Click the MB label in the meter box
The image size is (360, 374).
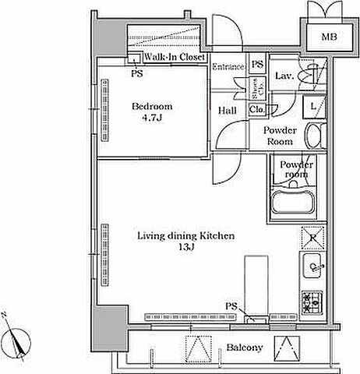click(329, 37)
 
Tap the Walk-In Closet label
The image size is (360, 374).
click(175, 57)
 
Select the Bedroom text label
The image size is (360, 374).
click(152, 106)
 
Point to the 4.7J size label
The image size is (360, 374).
click(152, 118)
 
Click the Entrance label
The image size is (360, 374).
click(228, 67)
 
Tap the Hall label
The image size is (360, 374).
click(228, 111)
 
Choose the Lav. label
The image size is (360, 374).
click(284, 76)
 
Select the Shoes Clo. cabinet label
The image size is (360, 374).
click(258, 88)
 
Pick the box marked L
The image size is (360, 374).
click(314, 107)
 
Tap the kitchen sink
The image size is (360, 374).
click(313, 266)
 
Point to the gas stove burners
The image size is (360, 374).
click(312, 302)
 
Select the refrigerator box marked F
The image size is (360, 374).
click(313, 238)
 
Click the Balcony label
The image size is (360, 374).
click(245, 348)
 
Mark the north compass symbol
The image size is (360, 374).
click(17, 340)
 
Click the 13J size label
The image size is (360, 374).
click(186, 247)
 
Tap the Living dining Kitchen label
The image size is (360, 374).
click(185, 236)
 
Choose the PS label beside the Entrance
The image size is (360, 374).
click(257, 64)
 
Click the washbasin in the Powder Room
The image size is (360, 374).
click(314, 136)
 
